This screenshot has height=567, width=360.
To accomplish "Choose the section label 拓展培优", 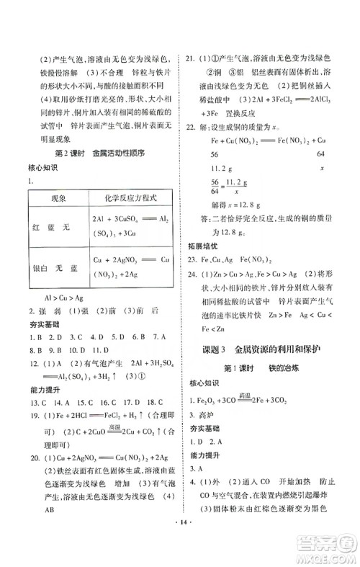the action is (x=205, y=265).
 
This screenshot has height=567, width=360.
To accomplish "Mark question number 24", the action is (x=191, y=293).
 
